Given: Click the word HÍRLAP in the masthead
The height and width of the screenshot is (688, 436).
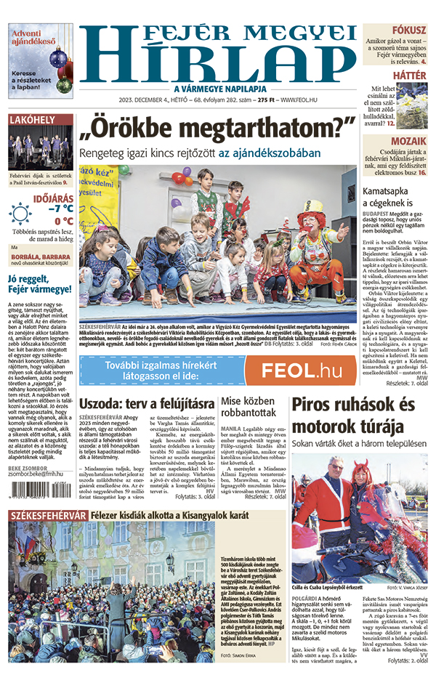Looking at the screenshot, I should (x=218, y=63).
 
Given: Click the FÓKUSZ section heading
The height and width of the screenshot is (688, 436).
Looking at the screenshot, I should (x=409, y=30).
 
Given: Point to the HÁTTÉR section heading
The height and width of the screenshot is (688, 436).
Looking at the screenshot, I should (x=410, y=75).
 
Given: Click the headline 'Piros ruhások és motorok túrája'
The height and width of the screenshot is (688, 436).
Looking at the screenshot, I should (x=353, y=415).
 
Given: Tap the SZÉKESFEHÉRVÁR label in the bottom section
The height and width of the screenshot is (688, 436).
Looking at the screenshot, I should (x=43, y=515).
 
